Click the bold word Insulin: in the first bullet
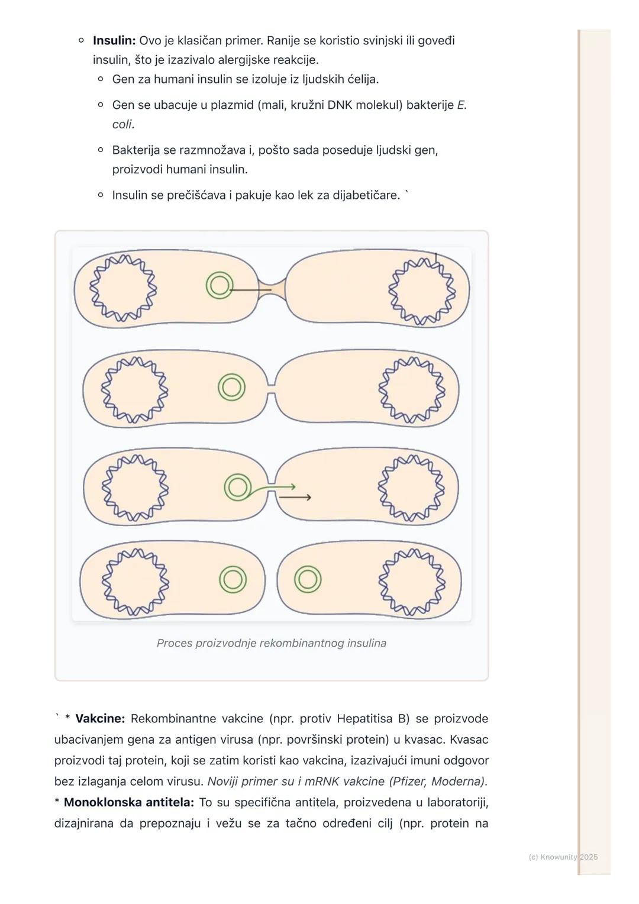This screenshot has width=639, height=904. point(114,41)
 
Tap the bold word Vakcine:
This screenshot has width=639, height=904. point(100,719)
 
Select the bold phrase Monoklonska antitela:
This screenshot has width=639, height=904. point(128,802)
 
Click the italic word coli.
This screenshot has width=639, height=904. point(122,124)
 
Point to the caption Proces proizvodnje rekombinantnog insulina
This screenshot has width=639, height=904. point(271,643)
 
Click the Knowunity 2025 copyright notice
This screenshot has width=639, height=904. point(563,857)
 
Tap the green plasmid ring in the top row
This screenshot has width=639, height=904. point(219,286)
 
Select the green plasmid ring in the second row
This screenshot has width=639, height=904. point(231,388)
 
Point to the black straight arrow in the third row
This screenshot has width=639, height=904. point(294,498)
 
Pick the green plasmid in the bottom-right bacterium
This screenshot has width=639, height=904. point(308,579)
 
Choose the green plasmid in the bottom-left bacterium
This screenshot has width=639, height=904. point(233,579)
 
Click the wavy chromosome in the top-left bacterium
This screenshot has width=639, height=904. point(123,288)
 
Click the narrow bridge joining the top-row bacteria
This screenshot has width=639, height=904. point(272,289)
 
